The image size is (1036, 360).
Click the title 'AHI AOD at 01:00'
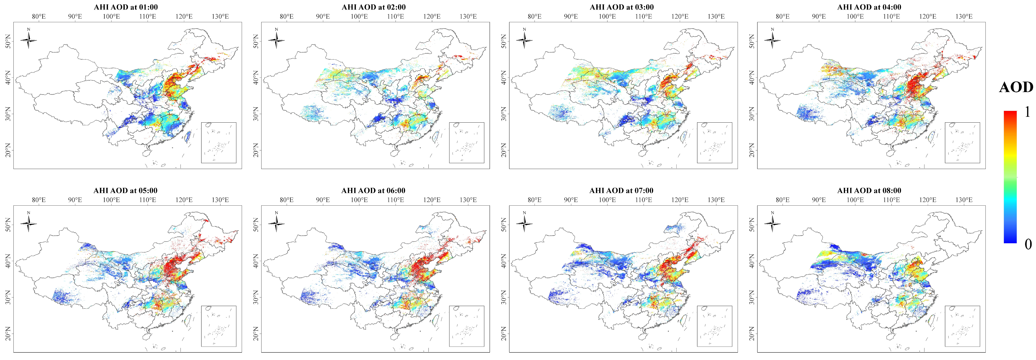126,7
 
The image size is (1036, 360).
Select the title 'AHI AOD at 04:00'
869,7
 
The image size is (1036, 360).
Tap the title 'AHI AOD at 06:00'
374,191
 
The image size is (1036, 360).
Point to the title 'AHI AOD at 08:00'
869,191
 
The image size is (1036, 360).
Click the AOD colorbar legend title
1016,87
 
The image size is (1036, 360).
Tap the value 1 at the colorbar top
1027,112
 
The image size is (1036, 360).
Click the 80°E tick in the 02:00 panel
287,17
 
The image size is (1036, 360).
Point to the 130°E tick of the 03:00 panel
716,17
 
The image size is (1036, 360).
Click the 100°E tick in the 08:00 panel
855,200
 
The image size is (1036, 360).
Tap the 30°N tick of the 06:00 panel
256,298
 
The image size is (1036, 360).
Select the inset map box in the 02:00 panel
467,143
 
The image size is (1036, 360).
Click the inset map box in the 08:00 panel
963,326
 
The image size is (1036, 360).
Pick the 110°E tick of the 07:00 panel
643,200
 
